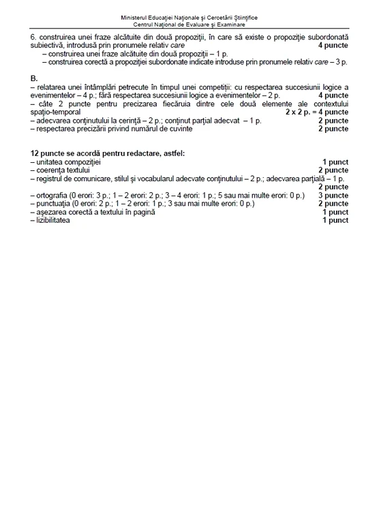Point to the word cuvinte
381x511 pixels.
click(x=168, y=128)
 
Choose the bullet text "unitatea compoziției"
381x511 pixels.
click(x=67, y=162)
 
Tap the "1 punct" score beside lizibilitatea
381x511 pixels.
click(x=335, y=221)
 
